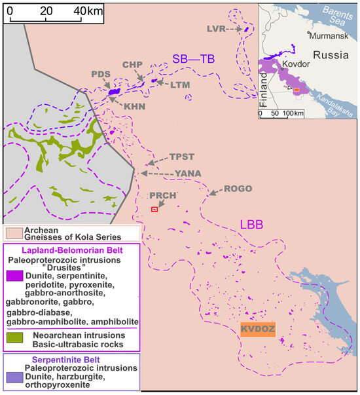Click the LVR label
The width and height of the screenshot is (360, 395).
217,29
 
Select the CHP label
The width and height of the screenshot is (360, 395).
132,64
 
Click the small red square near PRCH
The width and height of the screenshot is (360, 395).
154,209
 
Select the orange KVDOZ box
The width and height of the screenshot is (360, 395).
258,327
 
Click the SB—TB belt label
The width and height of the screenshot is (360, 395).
194,58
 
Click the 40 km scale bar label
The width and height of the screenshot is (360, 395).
90,11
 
